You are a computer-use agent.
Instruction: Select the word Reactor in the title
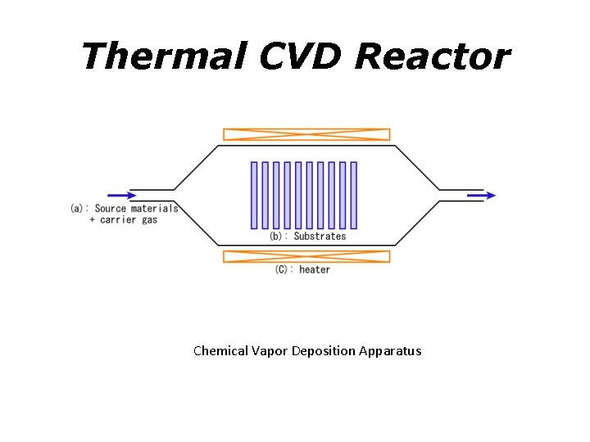point(432,56)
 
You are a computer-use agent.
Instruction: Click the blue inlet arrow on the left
point(122,195)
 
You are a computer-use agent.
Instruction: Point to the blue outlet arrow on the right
point(481,195)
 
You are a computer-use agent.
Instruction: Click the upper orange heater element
point(306,134)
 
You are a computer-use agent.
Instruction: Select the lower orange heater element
point(306,256)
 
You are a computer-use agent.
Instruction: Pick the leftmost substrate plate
point(254,195)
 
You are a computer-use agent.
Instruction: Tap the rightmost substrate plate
point(353,195)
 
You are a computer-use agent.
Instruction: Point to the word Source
point(111,209)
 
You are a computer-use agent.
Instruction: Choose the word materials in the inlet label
point(154,209)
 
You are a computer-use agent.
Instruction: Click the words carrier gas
point(129,220)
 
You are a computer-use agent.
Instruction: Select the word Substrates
point(320,237)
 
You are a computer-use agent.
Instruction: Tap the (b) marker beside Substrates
point(277,237)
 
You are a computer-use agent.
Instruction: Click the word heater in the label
point(315,270)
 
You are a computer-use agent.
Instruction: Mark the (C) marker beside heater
point(283,270)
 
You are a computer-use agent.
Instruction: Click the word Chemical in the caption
point(220,351)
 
